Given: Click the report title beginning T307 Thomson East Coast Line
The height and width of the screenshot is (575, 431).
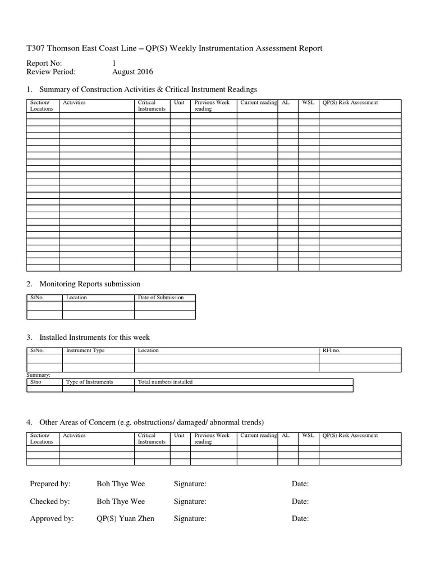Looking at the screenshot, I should click(174, 49).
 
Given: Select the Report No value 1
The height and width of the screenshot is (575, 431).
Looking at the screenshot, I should click(114, 63).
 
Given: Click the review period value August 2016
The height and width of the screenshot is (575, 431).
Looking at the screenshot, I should click(132, 72).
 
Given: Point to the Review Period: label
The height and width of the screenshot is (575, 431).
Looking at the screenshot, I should click(51, 72).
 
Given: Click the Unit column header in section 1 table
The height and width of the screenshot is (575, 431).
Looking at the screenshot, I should click(180, 103).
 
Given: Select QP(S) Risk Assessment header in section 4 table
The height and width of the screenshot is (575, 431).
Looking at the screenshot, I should click(350, 435).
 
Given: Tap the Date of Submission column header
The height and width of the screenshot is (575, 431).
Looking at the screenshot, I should click(161, 298).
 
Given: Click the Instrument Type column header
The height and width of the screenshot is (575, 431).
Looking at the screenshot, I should click(85, 350).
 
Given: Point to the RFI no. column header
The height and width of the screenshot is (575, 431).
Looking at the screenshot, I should click(331, 350).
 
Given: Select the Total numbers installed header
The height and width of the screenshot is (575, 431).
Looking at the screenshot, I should click(165, 382).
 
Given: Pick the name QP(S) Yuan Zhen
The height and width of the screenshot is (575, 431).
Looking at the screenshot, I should click(125, 519).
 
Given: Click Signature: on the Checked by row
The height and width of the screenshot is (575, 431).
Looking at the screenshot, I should click(190, 501).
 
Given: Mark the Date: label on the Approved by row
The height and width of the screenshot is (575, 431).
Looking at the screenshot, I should click(300, 519).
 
